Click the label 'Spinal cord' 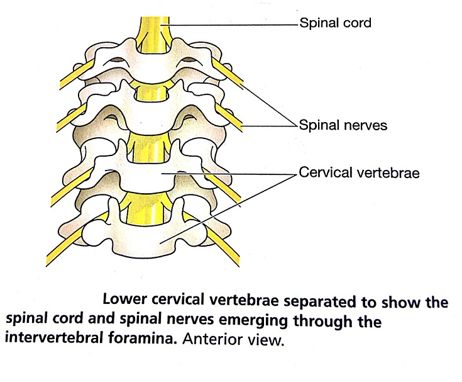(x=335, y=24)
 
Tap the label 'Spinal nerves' (x=343, y=125)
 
